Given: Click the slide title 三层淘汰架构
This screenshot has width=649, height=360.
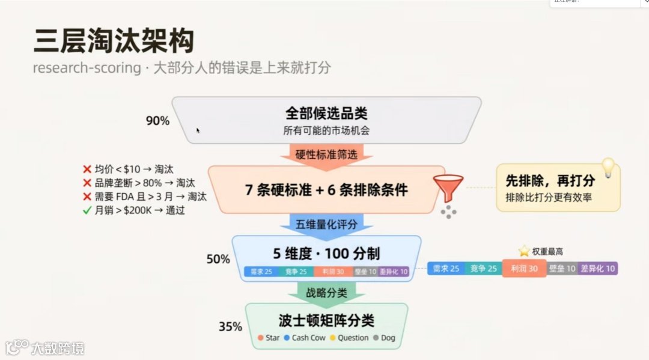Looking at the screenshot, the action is tap(114, 41).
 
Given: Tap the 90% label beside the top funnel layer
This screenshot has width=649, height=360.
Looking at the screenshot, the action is tap(157, 121).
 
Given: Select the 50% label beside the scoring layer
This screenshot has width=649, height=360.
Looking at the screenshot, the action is tap(218, 259).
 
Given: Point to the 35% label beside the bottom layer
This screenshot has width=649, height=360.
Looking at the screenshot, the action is tap(230, 327).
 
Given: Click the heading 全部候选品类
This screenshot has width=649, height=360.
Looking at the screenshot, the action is tap(326, 113).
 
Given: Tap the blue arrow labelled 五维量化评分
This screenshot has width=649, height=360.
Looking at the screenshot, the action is tap(326, 225).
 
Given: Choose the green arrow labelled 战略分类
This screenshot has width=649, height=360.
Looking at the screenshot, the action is tap(326, 293).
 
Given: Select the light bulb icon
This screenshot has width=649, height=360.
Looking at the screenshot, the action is tap(608, 168).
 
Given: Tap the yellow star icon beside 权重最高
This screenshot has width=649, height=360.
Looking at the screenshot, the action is tap(525, 251).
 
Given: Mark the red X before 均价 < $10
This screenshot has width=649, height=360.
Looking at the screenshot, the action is tap(87, 169).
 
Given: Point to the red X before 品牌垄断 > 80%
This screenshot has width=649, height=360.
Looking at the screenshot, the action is tap(87, 183).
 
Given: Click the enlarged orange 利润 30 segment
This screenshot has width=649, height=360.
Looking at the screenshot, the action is tap(524, 269).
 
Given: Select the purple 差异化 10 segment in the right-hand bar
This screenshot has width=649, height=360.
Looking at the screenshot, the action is tap(597, 269).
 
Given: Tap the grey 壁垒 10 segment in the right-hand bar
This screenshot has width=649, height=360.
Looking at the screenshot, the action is tap(562, 269).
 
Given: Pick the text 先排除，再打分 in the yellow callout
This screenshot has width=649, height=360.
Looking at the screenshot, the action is tap(550, 180).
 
